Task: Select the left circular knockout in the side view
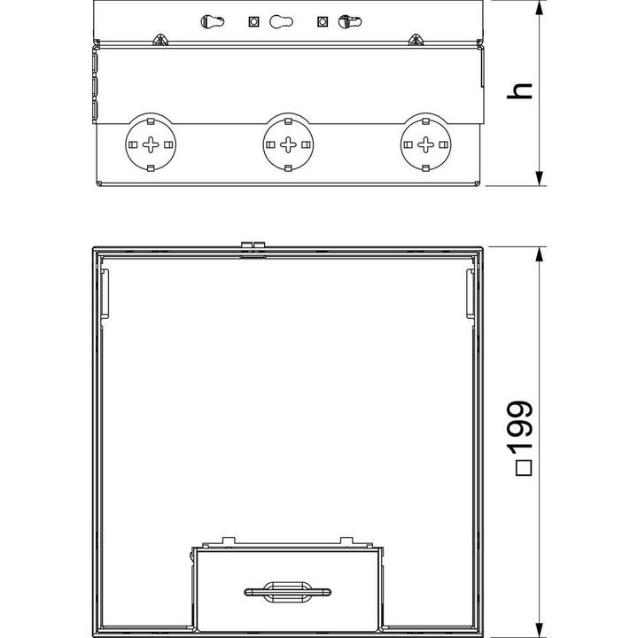[150, 144]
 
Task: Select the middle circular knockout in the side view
[288, 144]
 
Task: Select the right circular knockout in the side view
[426, 144]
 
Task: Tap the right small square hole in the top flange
[321, 21]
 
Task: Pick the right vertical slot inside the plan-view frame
[470, 295]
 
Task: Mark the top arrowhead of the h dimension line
[540, 9]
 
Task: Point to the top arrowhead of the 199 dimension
[540, 252]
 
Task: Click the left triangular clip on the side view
[159, 40]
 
